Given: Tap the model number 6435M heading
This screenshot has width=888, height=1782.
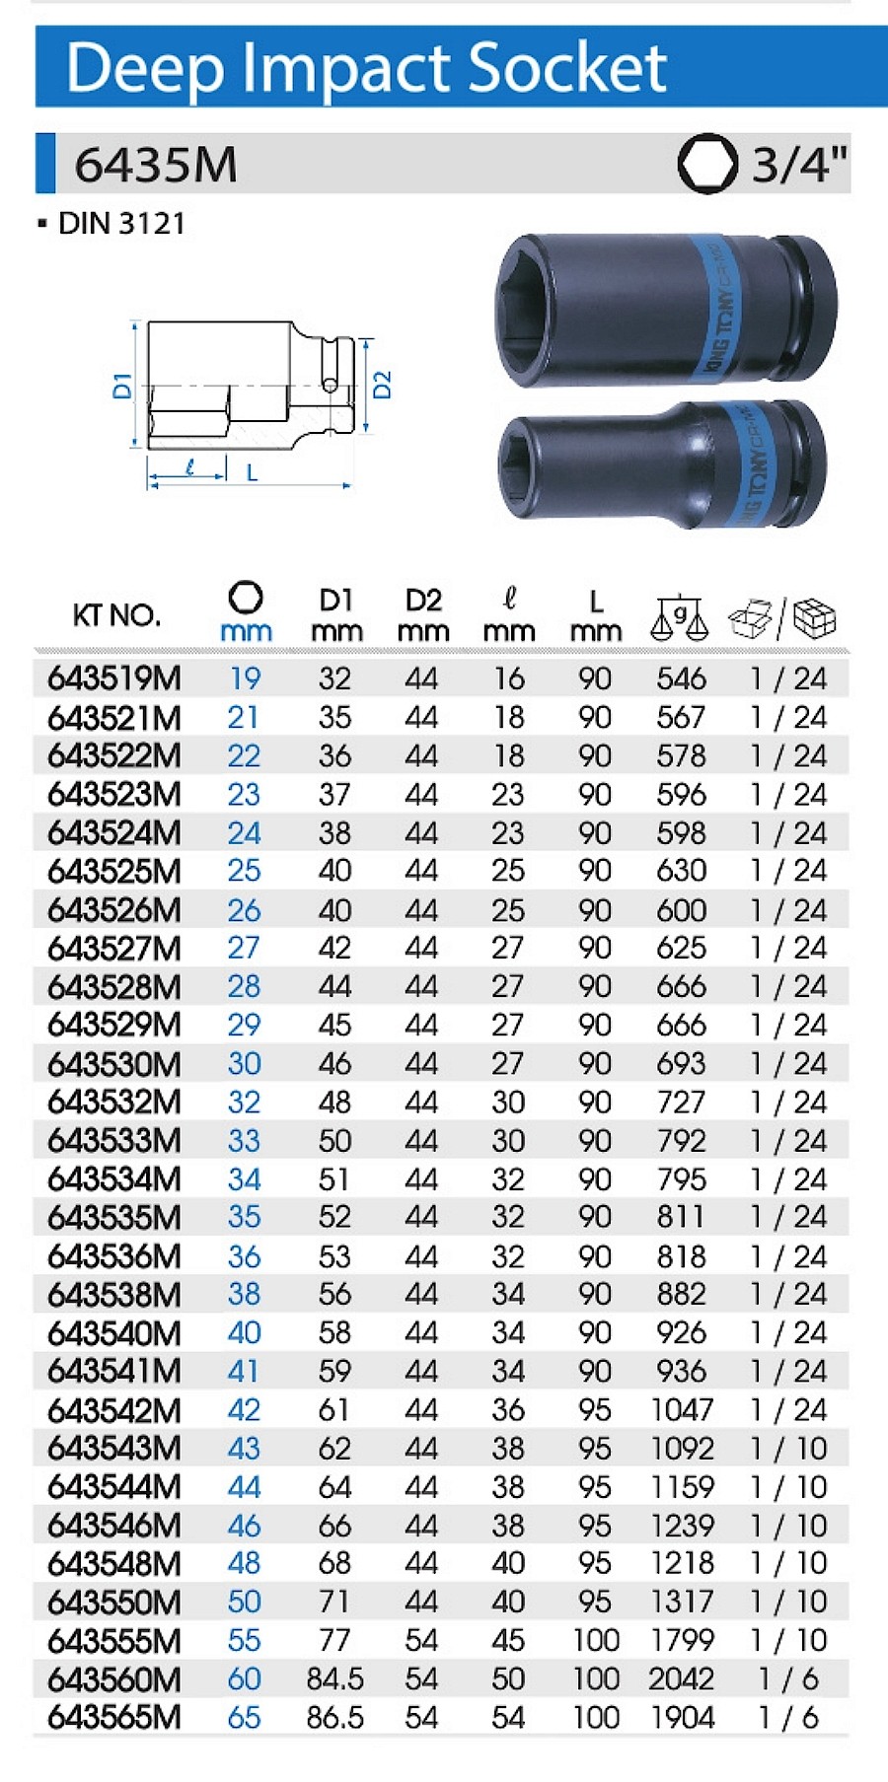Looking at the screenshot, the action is (x=156, y=164).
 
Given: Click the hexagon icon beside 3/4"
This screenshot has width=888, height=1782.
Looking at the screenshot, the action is (x=706, y=164).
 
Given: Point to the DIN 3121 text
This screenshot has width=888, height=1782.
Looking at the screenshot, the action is (x=121, y=224).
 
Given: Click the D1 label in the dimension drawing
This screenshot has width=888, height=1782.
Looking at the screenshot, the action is (x=122, y=385).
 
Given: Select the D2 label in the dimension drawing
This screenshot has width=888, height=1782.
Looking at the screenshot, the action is (x=383, y=384).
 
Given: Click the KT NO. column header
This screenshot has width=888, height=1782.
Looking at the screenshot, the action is (x=115, y=615).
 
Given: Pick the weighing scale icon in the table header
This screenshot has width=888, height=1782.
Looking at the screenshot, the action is (x=680, y=617).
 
